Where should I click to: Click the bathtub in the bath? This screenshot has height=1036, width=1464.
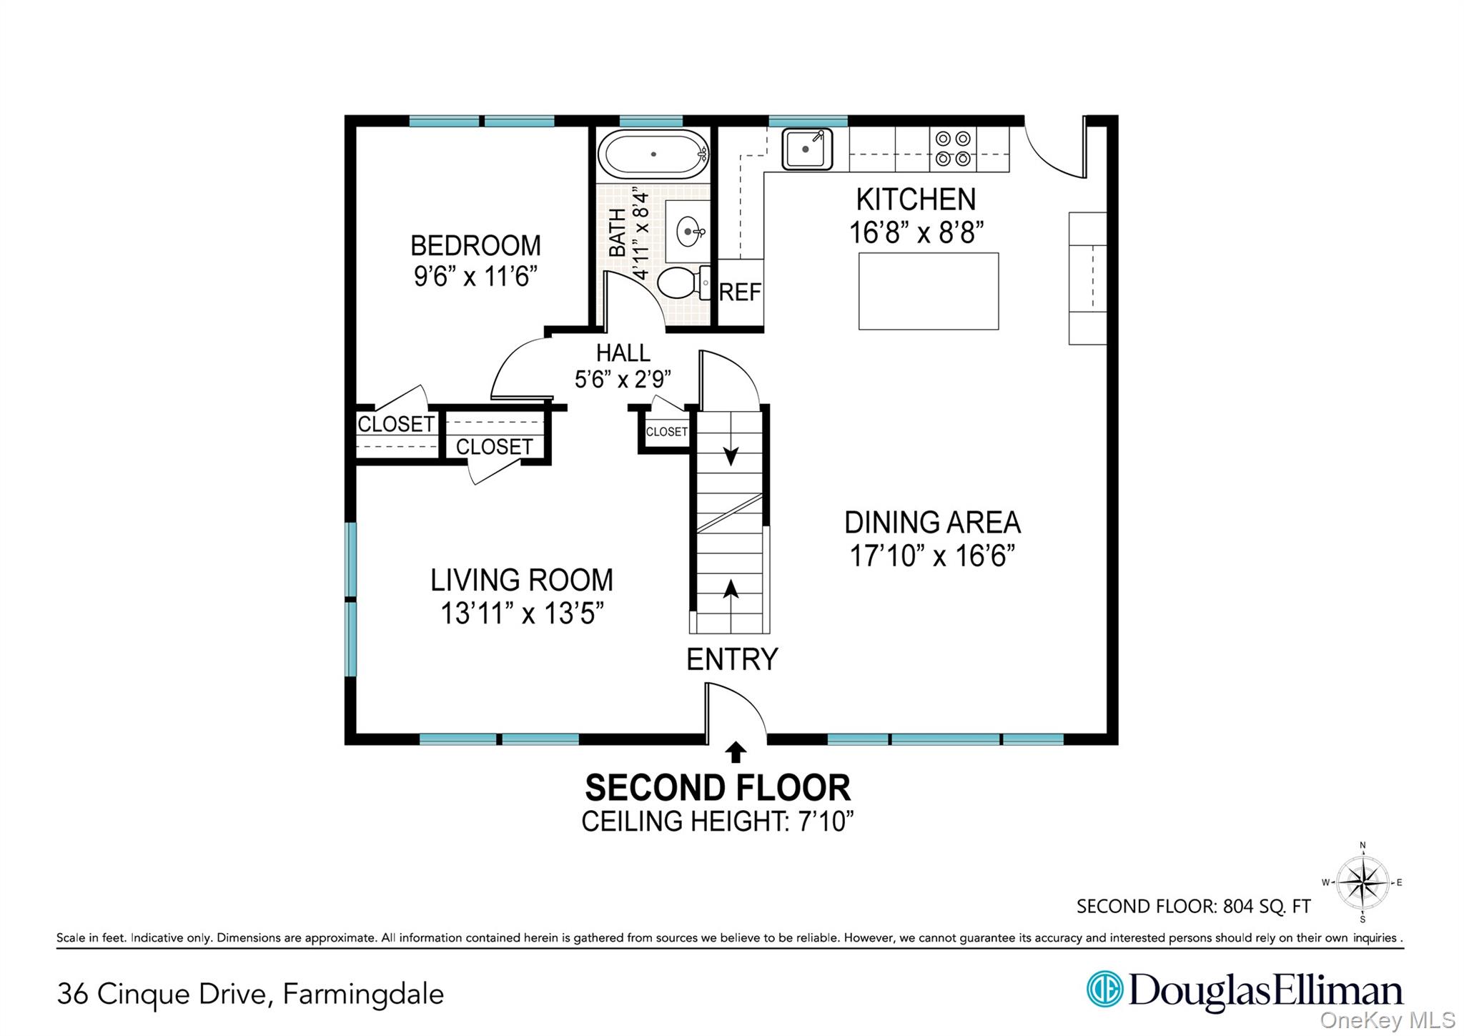pyautogui.click(x=652, y=154)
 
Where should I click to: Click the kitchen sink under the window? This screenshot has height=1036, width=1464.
pyautogui.click(x=806, y=149)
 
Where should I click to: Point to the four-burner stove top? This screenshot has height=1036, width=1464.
pyautogui.click(x=953, y=149)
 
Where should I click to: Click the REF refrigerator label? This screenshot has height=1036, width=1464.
pyautogui.click(x=740, y=292)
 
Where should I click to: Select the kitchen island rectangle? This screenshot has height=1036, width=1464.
pyautogui.click(x=928, y=291)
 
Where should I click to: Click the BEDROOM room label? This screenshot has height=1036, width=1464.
pyautogui.click(x=475, y=246)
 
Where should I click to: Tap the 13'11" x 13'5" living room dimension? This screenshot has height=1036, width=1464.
pyautogui.click(x=522, y=613)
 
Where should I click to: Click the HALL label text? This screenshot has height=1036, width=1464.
pyautogui.click(x=623, y=353)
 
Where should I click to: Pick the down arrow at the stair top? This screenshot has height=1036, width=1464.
pyautogui.click(x=731, y=455)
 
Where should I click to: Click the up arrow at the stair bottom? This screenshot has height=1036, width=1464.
pyautogui.click(x=731, y=589)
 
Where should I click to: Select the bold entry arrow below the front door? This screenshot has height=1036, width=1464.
pyautogui.click(x=736, y=752)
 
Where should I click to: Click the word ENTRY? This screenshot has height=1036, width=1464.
pyautogui.click(x=732, y=659)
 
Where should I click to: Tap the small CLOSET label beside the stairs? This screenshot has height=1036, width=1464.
pyautogui.click(x=666, y=432)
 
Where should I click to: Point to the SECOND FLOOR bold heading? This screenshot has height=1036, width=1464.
pyautogui.click(x=718, y=788)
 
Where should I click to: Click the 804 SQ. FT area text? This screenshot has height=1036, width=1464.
pyautogui.click(x=1266, y=907)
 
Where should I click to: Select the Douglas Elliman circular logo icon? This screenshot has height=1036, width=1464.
pyautogui.click(x=1104, y=990)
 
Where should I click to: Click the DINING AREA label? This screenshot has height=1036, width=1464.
pyautogui.click(x=932, y=523)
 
